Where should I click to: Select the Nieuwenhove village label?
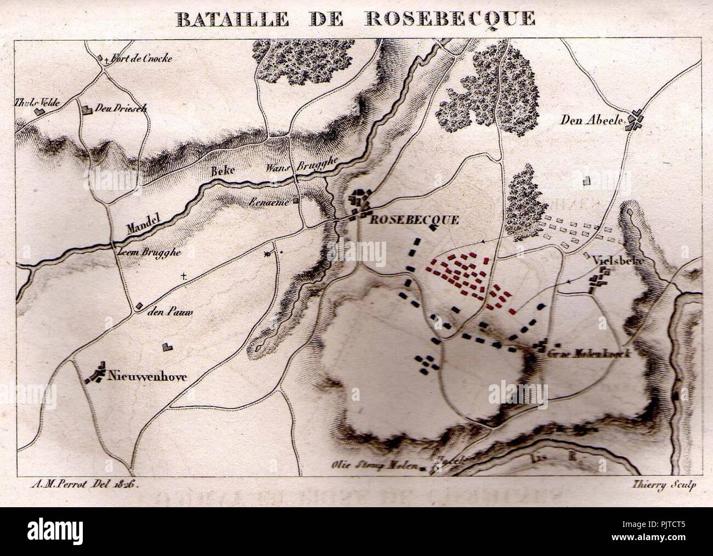[x=148, y=377]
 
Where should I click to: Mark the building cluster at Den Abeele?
[x=636, y=120]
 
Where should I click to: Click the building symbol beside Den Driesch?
[x=86, y=110]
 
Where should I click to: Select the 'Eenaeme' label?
[x=277, y=201]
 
